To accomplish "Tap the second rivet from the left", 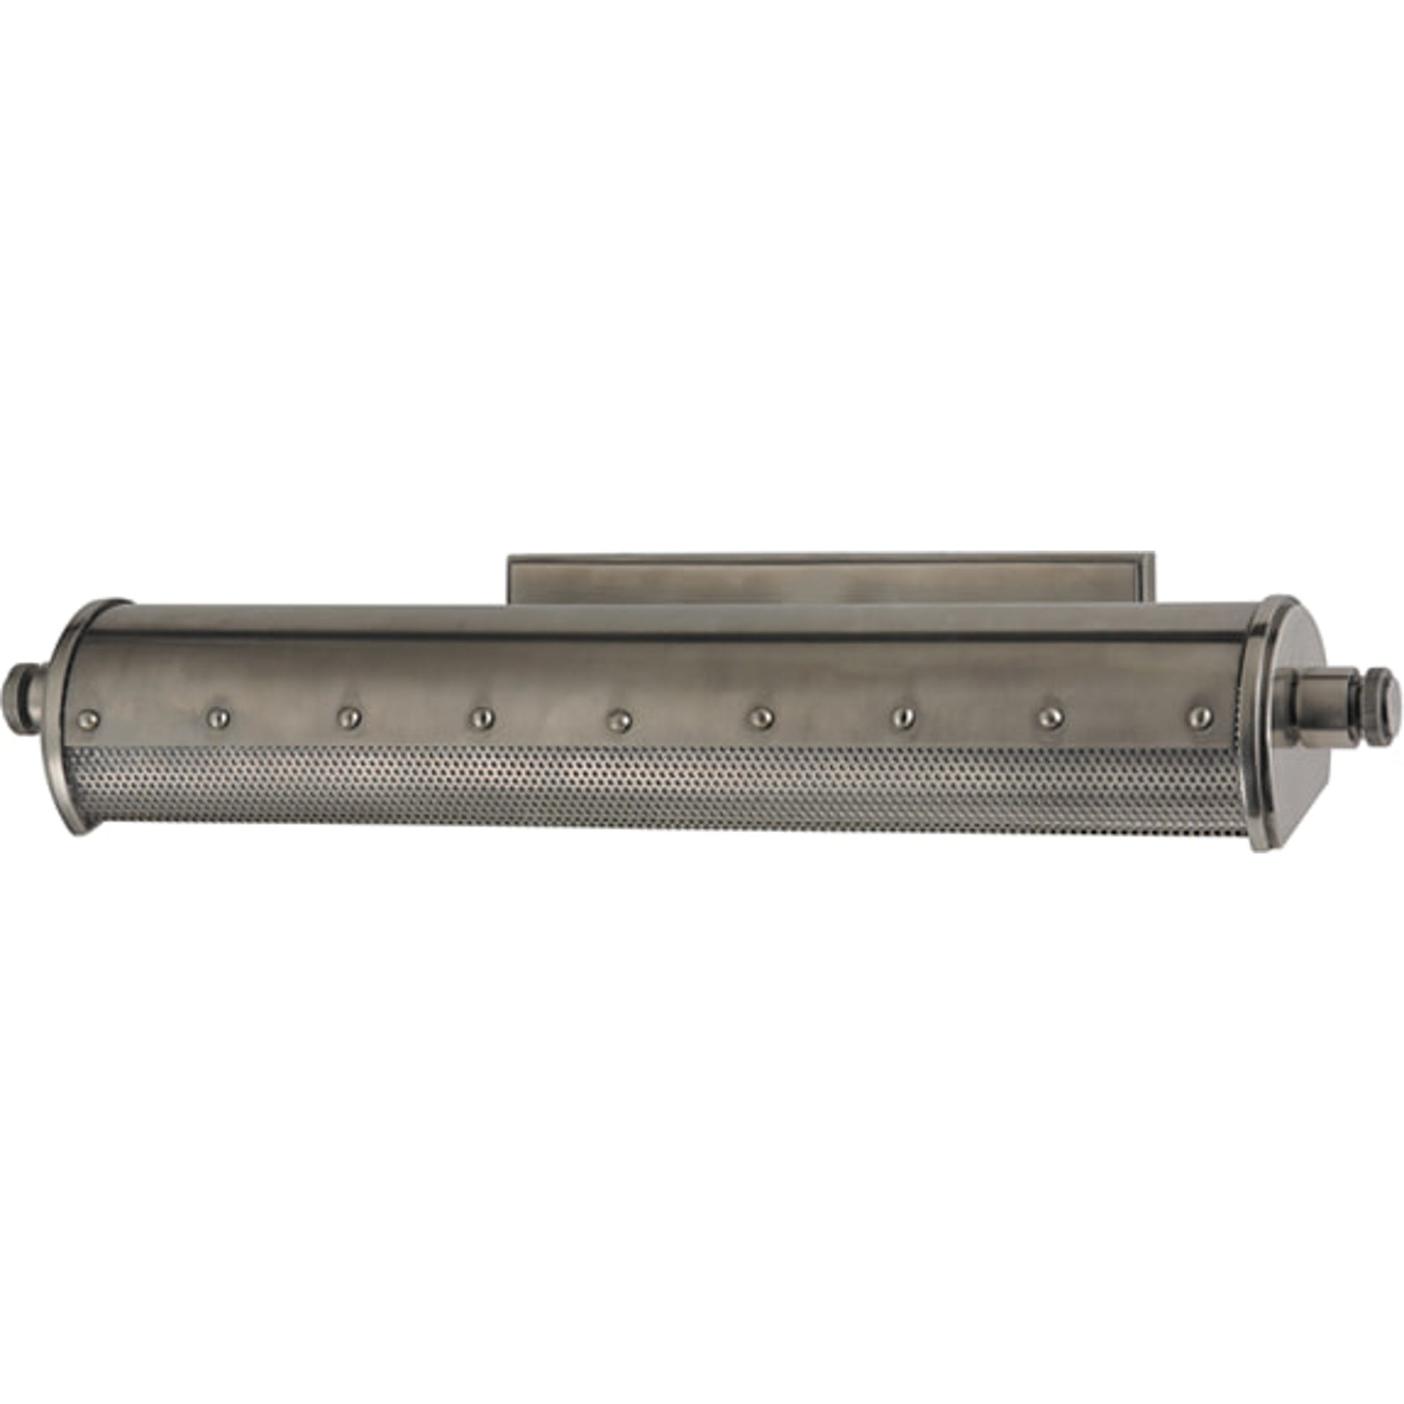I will pos(217,719).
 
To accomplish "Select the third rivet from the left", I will pos(348,719).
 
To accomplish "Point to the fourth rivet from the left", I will pos(481,719).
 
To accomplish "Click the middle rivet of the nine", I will pos(619,721).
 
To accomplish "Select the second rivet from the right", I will pos(1049,718).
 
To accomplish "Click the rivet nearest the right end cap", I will pos(1200,716).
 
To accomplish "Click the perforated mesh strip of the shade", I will pos(654,789).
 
